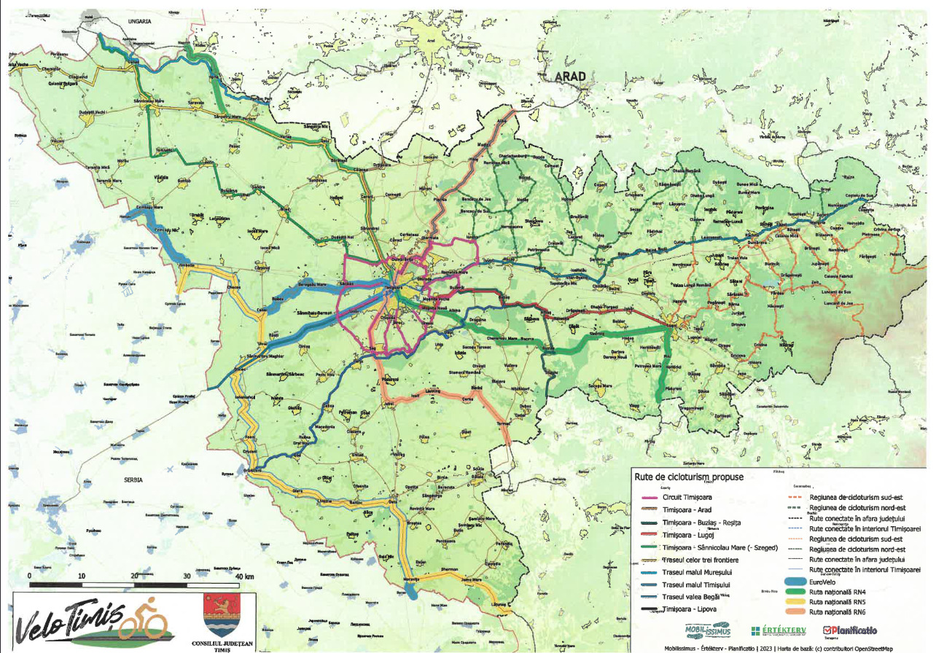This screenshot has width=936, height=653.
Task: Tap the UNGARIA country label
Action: point(139,22)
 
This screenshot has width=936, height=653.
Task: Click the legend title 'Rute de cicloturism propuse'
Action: point(688,477)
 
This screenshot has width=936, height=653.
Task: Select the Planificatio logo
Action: point(849,630)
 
